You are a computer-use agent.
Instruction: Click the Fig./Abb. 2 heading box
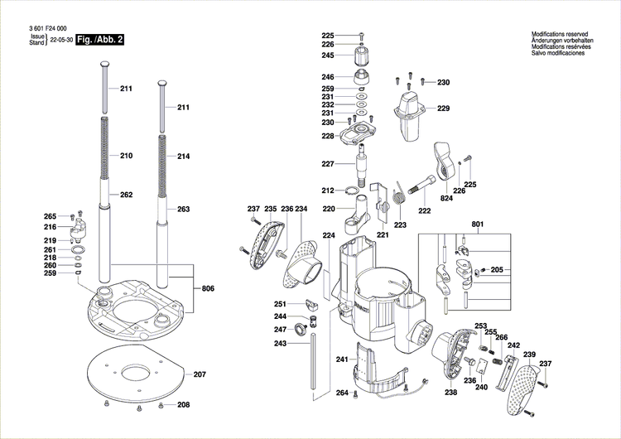point(99,39)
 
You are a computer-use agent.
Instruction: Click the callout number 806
point(207,288)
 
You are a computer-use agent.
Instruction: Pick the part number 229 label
point(443,109)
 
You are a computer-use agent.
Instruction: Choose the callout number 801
point(477,224)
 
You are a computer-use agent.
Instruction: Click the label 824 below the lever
point(446,199)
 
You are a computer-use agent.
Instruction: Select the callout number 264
point(341,393)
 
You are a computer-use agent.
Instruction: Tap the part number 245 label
point(328,55)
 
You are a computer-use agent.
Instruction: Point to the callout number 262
point(126,195)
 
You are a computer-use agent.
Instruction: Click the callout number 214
point(183,156)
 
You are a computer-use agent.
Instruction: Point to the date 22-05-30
point(60,39)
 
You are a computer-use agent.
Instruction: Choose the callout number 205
point(497,270)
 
